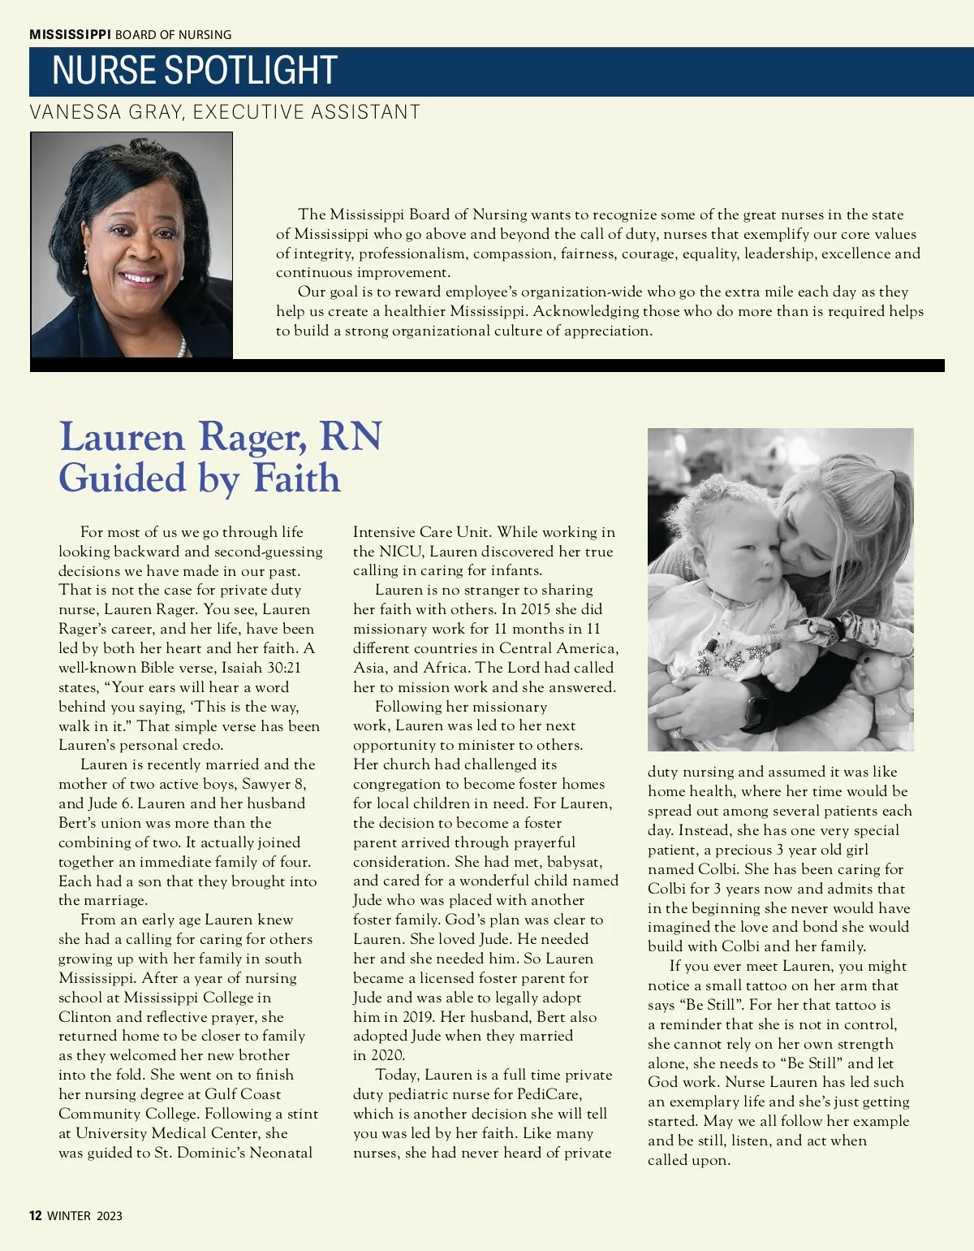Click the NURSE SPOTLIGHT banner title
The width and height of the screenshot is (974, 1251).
pyautogui.click(x=195, y=71)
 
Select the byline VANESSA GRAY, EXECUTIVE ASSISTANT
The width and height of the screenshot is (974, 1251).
pyautogui.click(x=225, y=111)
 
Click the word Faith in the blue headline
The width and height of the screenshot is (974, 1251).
pyautogui.click(x=296, y=478)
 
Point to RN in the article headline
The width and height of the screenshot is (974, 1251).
pyautogui.click(x=351, y=436)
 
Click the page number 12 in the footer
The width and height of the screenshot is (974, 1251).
pyautogui.click(x=35, y=1215)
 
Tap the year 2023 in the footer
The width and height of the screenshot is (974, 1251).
pyautogui.click(x=110, y=1215)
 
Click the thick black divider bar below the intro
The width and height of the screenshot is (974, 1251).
pyautogui.click(x=487, y=366)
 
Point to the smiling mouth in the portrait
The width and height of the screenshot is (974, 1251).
pyautogui.click(x=140, y=279)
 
